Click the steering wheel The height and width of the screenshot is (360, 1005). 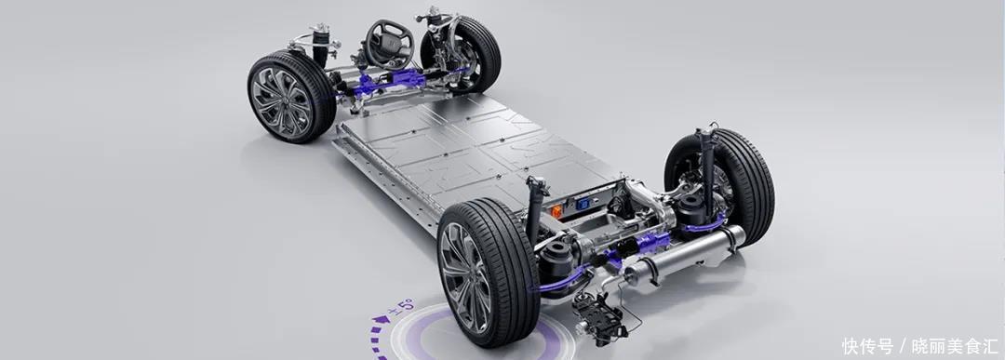click(389, 43)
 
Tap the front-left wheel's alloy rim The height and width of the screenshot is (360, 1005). click(280, 101)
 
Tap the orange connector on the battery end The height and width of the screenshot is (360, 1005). click(556, 211)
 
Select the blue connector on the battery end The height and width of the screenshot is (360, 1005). click(583, 204)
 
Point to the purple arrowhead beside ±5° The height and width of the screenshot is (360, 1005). click(381, 318)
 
